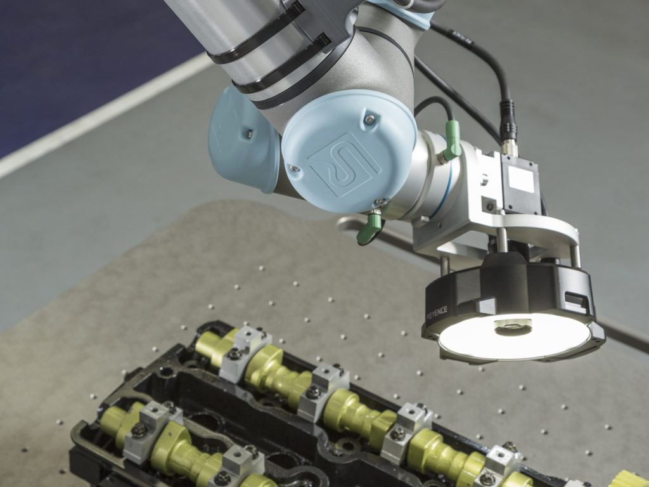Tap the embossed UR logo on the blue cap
(x=343, y=163)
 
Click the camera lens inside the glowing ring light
(x=513, y=327)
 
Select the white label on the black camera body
(x=521, y=179)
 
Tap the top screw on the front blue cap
(x=369, y=119)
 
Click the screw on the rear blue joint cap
(x=249, y=133)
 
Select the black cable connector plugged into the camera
(x=509, y=124)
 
